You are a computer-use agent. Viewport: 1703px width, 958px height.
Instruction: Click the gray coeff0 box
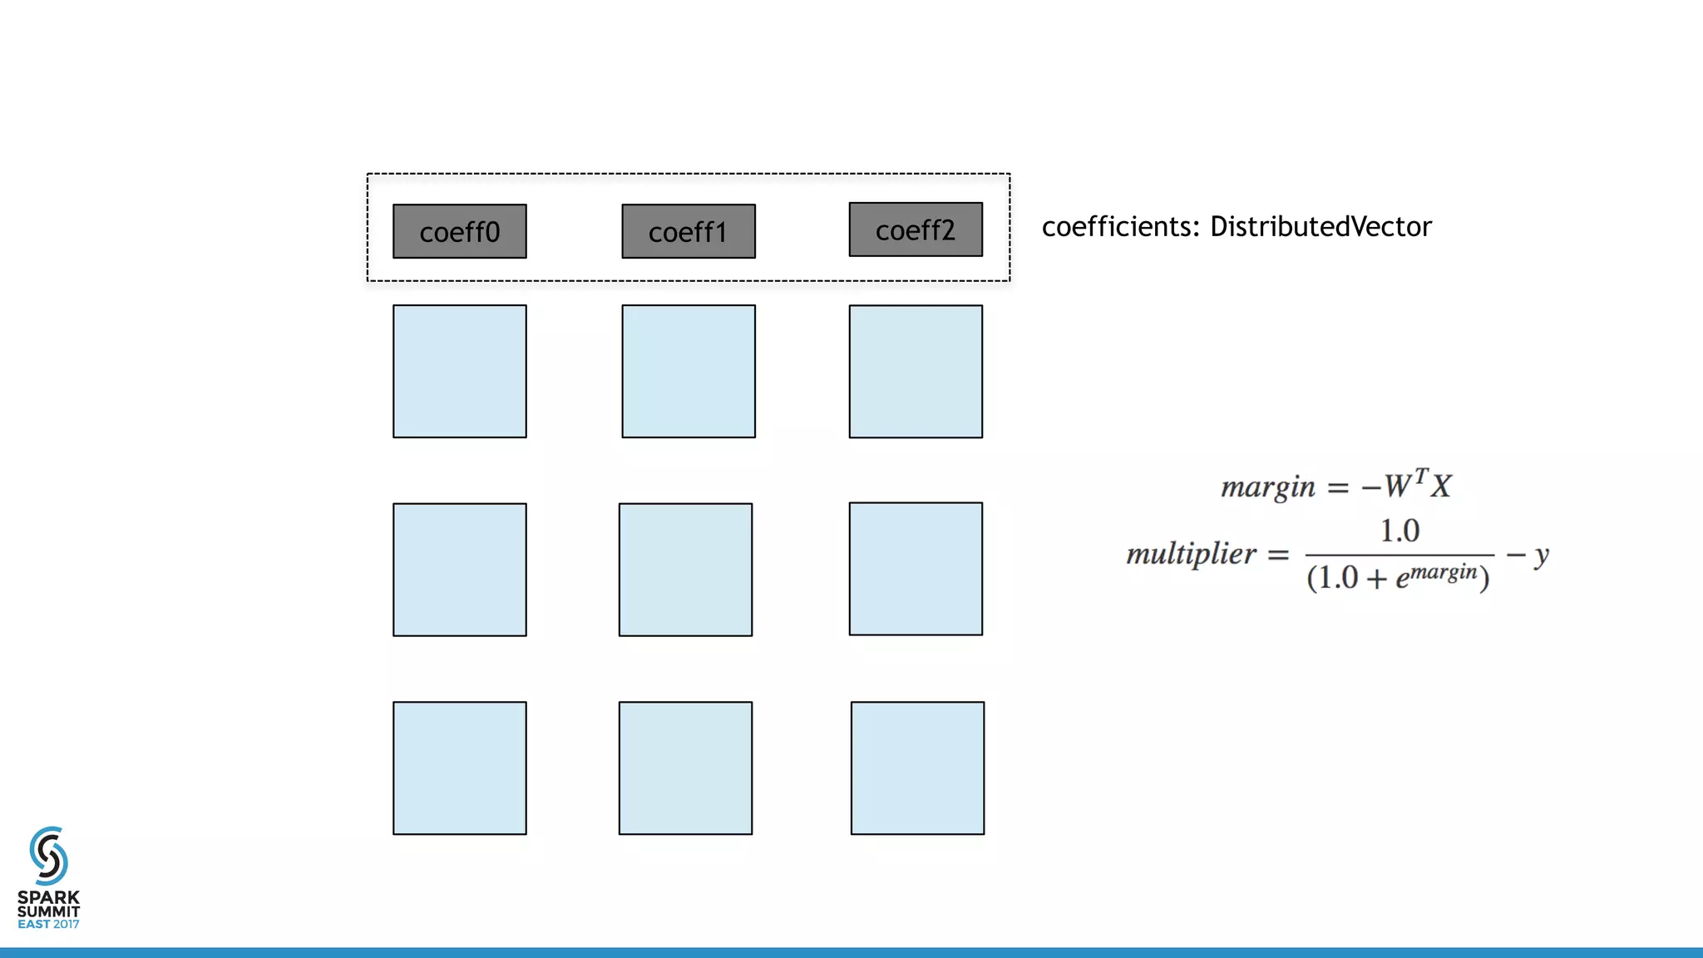point(459,231)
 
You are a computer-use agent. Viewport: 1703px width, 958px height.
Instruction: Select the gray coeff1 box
point(689,231)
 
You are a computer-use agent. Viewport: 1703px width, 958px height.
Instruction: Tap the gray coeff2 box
point(916,230)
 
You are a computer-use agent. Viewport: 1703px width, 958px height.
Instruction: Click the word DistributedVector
point(1320,226)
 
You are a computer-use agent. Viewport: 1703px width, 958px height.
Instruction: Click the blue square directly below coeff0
point(459,371)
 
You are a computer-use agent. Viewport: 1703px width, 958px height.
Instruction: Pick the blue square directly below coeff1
point(689,371)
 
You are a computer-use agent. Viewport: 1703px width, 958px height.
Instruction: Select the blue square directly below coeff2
point(916,371)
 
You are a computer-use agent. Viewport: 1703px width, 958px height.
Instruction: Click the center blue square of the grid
point(685,570)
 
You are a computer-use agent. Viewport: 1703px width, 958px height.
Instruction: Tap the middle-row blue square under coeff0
point(459,570)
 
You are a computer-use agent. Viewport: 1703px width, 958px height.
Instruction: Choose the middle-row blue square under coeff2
point(916,569)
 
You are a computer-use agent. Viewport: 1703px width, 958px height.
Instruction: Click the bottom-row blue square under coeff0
point(459,768)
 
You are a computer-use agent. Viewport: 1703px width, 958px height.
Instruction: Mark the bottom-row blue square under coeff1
point(685,768)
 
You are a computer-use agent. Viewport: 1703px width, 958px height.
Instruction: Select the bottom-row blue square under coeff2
point(917,768)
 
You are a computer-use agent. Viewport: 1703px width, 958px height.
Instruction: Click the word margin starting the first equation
point(1267,486)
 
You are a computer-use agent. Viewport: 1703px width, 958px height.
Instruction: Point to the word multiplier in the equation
point(1191,554)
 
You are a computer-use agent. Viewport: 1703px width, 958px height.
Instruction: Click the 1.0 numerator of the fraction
point(1399,531)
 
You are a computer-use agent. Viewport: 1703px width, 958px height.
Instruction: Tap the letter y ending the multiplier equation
point(1541,555)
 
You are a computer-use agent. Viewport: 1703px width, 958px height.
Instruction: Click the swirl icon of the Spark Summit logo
point(48,855)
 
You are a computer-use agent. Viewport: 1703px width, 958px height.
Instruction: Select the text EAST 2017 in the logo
point(48,924)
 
